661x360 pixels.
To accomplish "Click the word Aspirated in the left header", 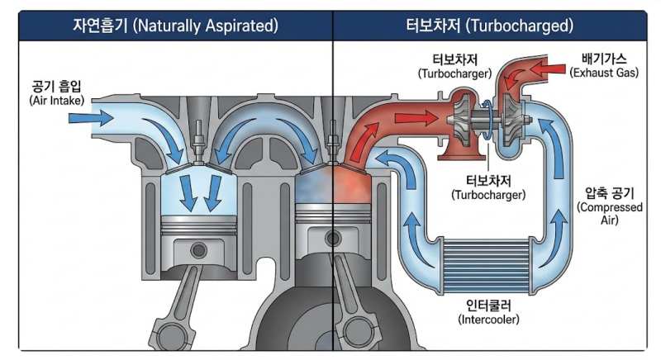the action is pyautogui.click(x=241, y=26).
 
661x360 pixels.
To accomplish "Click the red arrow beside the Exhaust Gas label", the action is pyautogui.click(x=548, y=69).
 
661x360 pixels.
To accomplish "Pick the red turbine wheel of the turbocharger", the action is pyautogui.click(x=463, y=118).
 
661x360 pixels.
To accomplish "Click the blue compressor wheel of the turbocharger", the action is pyautogui.click(x=514, y=119).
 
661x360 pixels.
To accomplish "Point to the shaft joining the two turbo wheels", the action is pyautogui.click(x=488, y=119).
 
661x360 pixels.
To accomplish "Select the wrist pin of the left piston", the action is pyautogui.click(x=198, y=250).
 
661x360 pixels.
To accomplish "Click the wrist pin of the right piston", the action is pyautogui.click(x=333, y=239).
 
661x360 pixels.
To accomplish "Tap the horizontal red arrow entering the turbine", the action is pyautogui.click(x=416, y=117).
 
